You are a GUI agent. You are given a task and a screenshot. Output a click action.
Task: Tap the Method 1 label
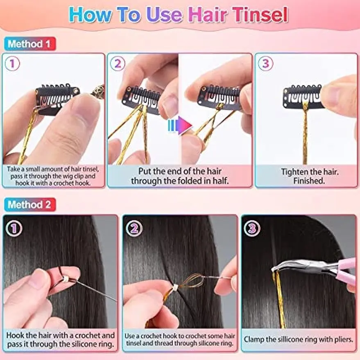click(x=29, y=44)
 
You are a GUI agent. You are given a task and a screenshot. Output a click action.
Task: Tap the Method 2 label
click(x=29, y=204)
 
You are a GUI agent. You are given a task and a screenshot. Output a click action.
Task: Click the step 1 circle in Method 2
click(x=14, y=228)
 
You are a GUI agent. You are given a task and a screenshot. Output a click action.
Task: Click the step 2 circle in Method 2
click(x=134, y=228)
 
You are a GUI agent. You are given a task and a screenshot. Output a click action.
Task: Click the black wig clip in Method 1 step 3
click(x=302, y=97)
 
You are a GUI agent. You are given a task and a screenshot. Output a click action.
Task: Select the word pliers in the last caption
click(x=341, y=339)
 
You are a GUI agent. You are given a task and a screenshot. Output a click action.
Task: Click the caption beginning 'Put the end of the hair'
click(x=179, y=176)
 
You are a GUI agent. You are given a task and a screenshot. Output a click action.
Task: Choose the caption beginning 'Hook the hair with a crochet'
click(x=61, y=340)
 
